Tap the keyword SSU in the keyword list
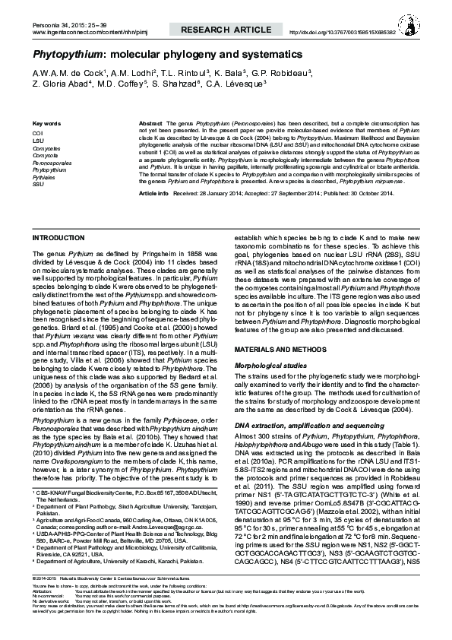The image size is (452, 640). pyautogui.click(x=38, y=184)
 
